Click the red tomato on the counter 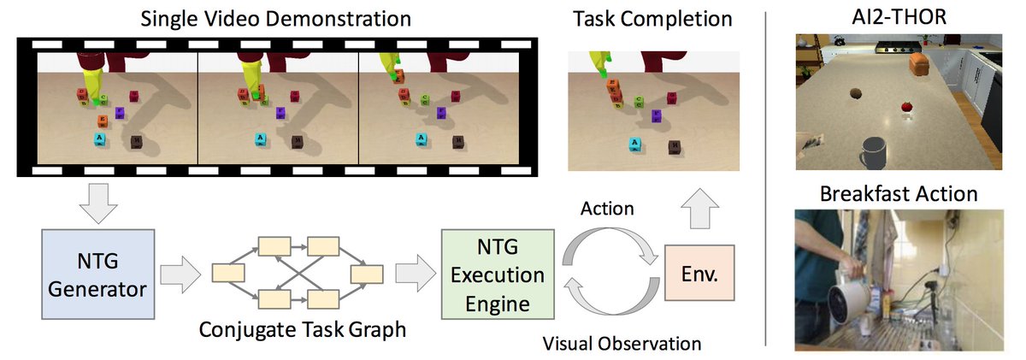[907, 107]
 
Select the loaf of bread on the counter [919, 64]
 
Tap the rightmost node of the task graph [367, 274]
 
